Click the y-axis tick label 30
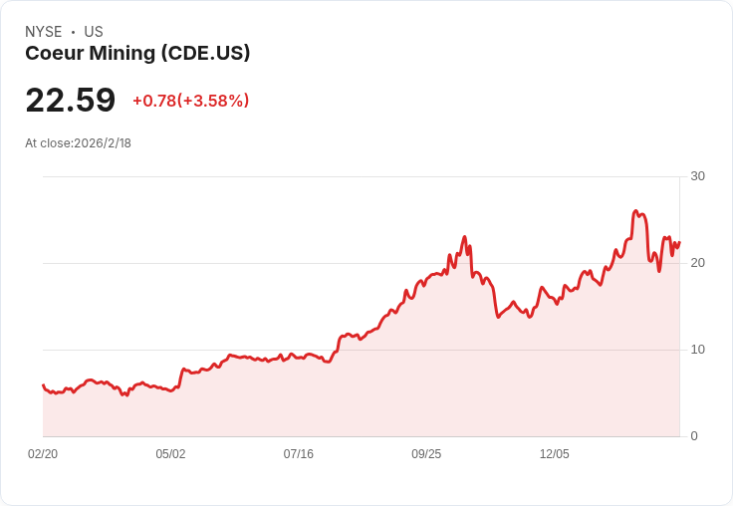(697, 176)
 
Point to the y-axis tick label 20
(697, 263)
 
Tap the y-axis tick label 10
(697, 350)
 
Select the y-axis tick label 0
(693, 436)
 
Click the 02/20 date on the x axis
(43, 454)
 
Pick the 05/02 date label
(170, 454)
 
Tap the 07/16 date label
(298, 454)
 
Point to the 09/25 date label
(426, 454)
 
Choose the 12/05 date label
(554, 454)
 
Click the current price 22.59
(70, 101)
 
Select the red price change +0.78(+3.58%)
(190, 101)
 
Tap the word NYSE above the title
(44, 32)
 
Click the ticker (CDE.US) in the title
(205, 54)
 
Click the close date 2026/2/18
(103, 143)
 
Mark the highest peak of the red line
(635, 211)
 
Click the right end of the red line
(679, 242)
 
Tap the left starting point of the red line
(43, 384)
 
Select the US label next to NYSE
(94, 32)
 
